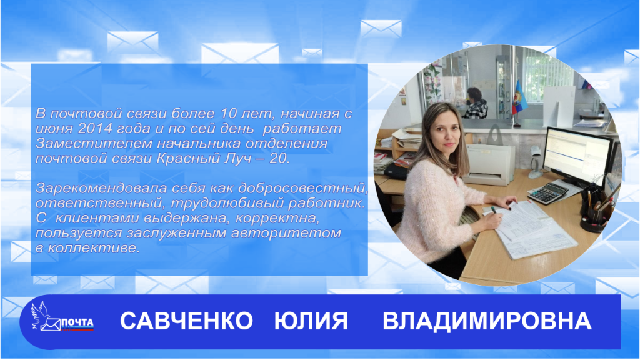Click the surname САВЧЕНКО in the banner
click(x=186, y=321)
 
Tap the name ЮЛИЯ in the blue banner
click(x=311, y=321)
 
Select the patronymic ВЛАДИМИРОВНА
click(x=486, y=321)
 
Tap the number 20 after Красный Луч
click(x=280, y=159)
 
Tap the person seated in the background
click(x=474, y=104)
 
